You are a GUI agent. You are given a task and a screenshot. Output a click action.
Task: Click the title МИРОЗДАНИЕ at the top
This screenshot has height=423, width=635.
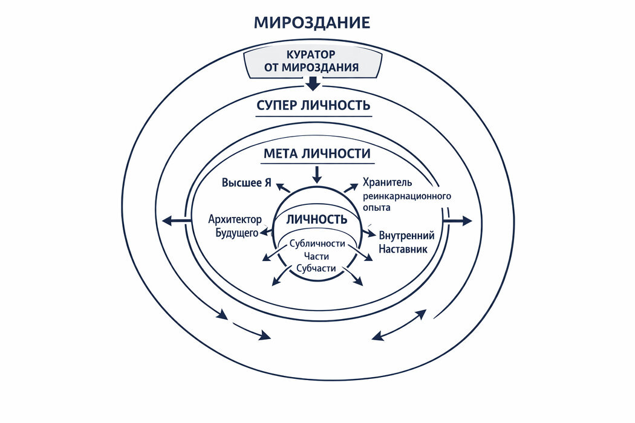311,24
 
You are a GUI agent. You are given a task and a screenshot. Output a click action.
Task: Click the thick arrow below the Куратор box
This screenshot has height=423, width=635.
312,83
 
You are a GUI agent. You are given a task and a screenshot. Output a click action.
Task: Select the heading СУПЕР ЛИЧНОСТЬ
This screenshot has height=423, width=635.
313,105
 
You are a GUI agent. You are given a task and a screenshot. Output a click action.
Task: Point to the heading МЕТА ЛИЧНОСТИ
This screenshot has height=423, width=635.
317,153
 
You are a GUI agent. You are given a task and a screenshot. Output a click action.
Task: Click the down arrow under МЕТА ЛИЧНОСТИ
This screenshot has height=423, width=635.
317,175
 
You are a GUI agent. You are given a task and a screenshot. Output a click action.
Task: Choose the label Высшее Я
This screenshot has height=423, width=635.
246,183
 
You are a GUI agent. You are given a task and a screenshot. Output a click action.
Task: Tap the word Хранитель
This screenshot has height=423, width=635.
387,182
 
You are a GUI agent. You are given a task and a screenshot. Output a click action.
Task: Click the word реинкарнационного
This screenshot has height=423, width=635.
407,196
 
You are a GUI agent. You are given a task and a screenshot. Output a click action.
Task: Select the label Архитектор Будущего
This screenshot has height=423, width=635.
233,225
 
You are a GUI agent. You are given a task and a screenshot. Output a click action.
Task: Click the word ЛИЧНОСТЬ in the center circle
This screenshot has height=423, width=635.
316,219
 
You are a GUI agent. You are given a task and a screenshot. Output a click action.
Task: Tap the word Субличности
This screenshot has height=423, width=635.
317,244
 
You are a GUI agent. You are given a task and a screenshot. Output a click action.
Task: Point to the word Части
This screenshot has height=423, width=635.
317,256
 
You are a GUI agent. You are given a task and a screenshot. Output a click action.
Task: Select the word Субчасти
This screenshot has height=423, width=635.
317,268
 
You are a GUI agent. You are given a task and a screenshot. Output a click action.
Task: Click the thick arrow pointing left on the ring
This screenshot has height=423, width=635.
176,221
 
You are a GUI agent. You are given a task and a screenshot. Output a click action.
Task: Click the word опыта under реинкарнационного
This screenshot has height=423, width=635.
376,207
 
